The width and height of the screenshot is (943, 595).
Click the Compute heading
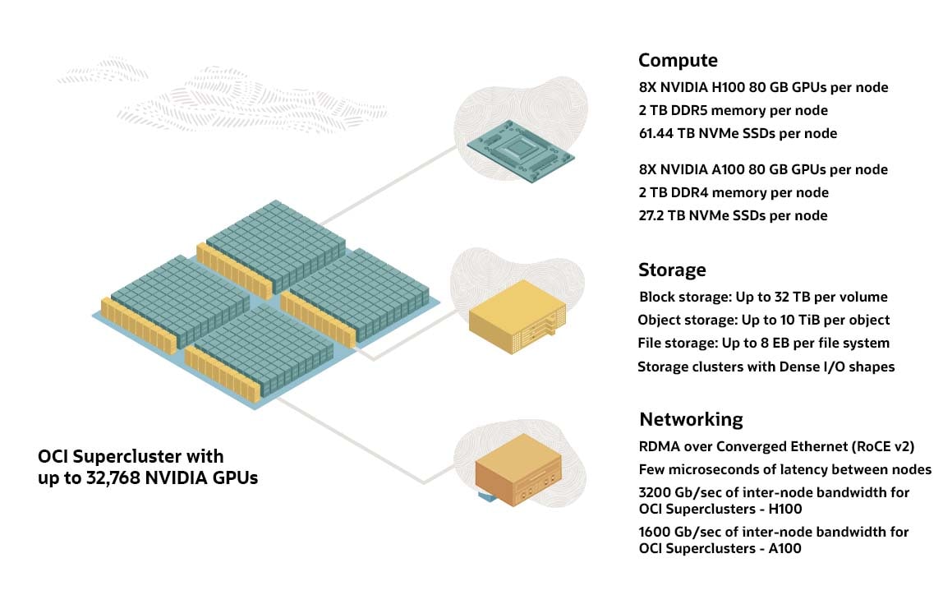point(678,60)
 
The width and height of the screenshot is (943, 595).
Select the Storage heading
point(672,270)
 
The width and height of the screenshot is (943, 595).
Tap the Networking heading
point(691,419)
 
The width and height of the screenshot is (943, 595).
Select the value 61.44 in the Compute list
point(658,133)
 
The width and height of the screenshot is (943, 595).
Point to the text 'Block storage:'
point(679,297)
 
